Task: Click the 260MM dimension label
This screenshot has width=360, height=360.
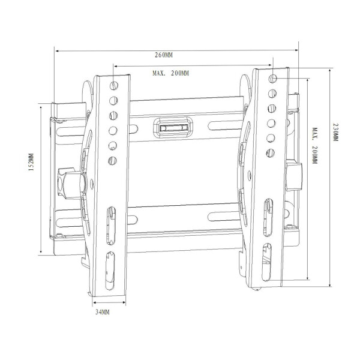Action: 163,55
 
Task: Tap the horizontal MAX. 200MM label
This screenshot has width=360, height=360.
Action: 170,73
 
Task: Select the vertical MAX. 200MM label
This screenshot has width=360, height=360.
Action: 314,146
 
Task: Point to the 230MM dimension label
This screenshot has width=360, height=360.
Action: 335,132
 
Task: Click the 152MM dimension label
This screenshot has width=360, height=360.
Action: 31,162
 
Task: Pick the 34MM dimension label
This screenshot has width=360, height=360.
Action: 103,312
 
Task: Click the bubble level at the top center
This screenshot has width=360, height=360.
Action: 173,127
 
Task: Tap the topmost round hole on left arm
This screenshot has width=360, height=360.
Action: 114,86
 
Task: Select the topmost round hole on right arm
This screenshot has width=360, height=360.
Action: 273,79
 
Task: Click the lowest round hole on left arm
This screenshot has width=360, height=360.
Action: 113,161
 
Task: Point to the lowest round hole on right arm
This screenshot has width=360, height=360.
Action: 270,153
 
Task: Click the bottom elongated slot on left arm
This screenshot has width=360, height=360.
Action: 110,271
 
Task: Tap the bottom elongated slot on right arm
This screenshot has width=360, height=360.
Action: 266,262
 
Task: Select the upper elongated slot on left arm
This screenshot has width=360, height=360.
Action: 111,226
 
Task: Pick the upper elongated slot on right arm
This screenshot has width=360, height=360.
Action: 268,217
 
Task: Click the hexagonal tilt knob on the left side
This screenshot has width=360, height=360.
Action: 72,183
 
